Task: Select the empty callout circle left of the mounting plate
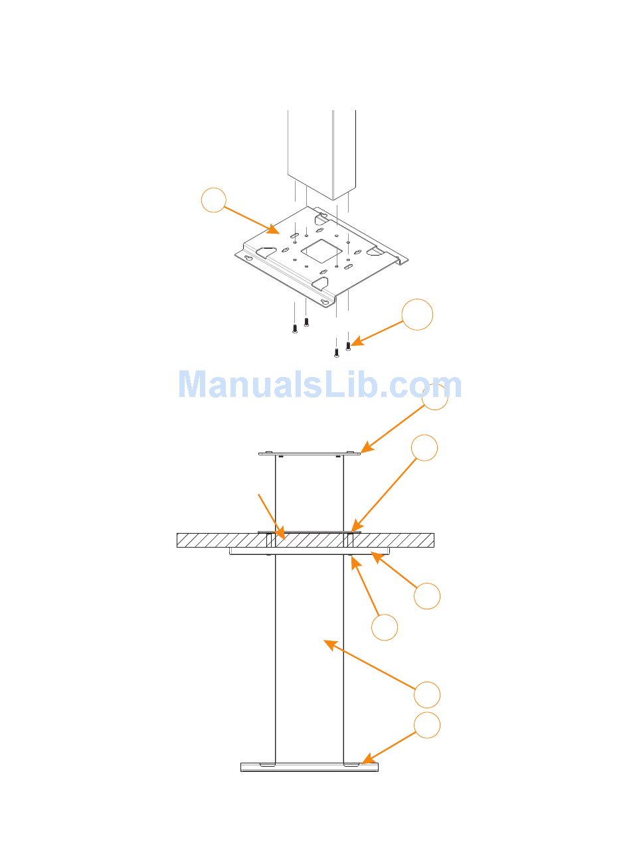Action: click(214, 200)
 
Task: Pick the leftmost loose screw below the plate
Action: click(294, 328)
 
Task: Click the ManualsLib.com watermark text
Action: click(320, 385)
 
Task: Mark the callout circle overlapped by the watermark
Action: click(435, 396)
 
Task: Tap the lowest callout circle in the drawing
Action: click(428, 726)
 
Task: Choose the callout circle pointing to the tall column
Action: click(427, 694)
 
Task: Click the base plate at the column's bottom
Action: click(310, 767)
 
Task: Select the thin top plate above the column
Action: click(310, 454)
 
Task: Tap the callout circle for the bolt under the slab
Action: click(385, 627)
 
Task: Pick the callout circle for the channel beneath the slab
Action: click(427, 596)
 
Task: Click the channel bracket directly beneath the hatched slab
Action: click(310, 550)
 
